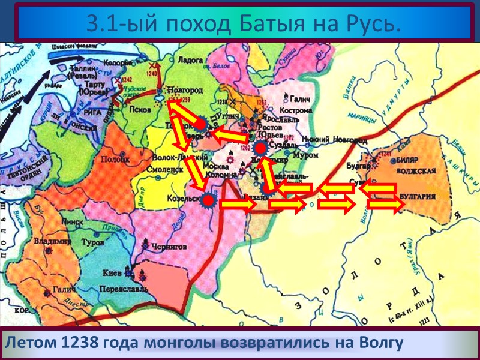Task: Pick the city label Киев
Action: click(x=112, y=272)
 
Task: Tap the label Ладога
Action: click(x=191, y=60)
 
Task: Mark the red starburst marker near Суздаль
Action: click(x=260, y=147)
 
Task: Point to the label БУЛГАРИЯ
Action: click(x=424, y=195)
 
